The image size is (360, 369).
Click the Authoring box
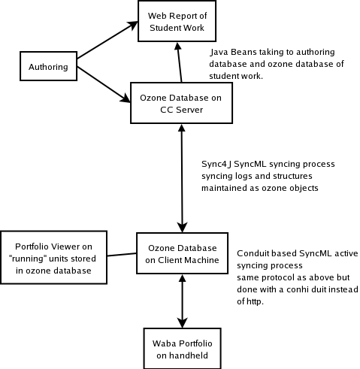click(x=48, y=66)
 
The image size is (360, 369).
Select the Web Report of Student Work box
click(x=177, y=21)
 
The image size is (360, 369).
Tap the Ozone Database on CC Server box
click(x=181, y=103)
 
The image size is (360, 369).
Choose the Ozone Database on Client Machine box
click(x=182, y=253)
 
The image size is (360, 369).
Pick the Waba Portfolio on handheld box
click(x=182, y=349)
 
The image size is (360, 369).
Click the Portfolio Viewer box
click(x=53, y=258)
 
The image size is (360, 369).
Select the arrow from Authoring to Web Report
click(x=107, y=40)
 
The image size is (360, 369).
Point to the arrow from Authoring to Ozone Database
click(x=104, y=84)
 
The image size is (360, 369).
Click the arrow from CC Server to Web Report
click(x=180, y=62)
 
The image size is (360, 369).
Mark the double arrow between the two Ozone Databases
click(x=182, y=178)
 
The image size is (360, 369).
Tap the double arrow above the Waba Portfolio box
click(x=182, y=301)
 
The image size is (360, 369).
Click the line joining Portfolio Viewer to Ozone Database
click(x=122, y=255)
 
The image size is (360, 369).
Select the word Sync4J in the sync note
click(x=216, y=164)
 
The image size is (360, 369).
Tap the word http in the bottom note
click(x=255, y=301)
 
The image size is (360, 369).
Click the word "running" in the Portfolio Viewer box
click(x=28, y=259)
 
